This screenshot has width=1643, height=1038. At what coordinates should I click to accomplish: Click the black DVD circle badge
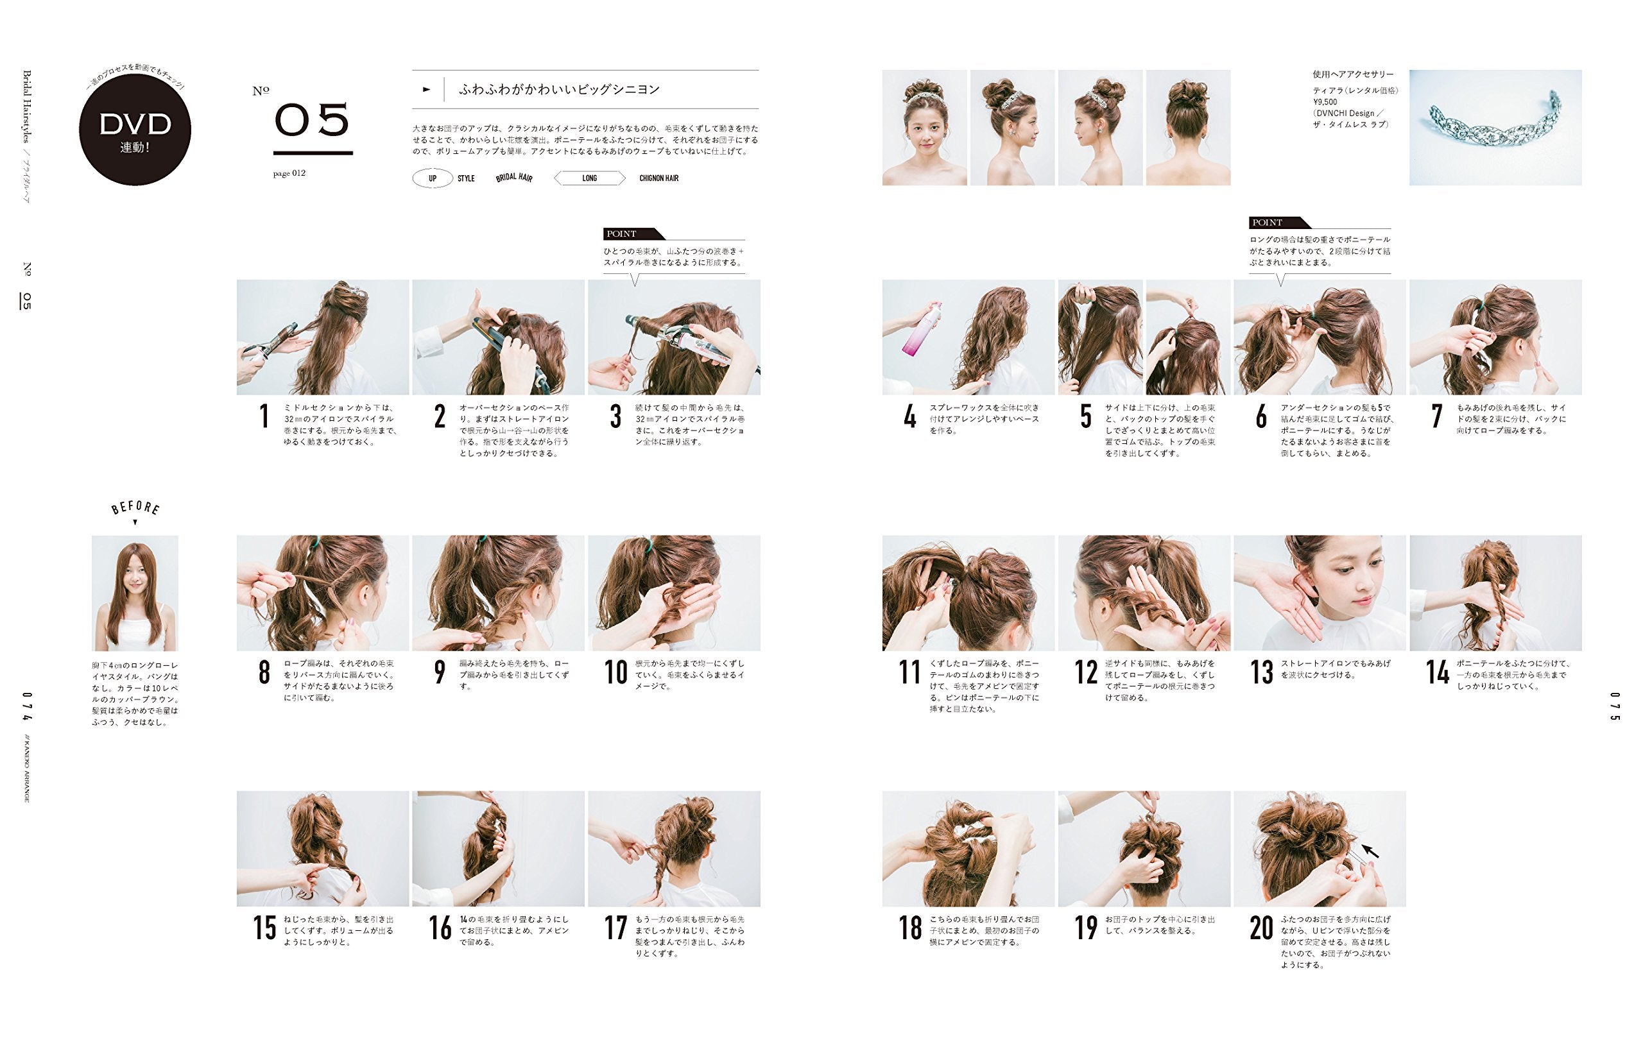tap(135, 130)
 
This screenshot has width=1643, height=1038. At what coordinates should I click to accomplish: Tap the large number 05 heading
tap(312, 120)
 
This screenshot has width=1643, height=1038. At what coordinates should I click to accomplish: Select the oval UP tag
tap(433, 179)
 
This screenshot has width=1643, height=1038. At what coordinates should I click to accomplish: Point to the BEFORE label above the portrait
tap(136, 507)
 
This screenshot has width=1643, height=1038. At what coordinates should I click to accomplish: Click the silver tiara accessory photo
tap(1495, 128)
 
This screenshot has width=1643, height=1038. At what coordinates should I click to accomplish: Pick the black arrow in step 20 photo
tap(1370, 851)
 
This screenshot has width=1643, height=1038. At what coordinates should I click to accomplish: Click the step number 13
tap(1262, 672)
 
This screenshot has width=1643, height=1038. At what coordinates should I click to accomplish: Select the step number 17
tap(615, 928)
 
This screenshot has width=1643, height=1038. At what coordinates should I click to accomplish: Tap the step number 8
tap(264, 672)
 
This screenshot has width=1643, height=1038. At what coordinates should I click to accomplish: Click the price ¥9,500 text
tap(1325, 102)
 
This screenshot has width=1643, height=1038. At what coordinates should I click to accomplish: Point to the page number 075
tap(1614, 707)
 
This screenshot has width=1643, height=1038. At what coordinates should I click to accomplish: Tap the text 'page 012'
tap(289, 173)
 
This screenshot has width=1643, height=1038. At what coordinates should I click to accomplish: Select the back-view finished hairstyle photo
tap(1188, 128)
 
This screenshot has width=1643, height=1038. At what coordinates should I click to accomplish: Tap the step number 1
tap(264, 417)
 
